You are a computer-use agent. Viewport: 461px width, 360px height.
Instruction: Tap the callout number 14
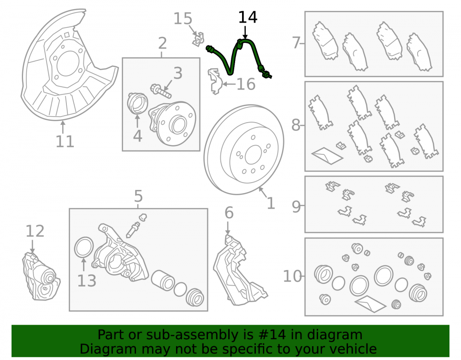[x=248, y=18]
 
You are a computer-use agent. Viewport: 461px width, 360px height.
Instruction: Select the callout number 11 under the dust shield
[x=65, y=142]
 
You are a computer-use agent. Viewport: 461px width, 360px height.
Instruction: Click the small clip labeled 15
[x=198, y=39]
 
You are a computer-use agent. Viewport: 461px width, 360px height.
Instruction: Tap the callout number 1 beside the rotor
[x=271, y=203]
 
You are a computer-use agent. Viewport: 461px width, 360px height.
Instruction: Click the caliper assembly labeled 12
[x=41, y=276]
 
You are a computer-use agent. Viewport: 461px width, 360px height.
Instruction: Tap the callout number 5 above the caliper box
[x=138, y=196]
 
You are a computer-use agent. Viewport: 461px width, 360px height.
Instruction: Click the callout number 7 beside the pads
[x=296, y=43]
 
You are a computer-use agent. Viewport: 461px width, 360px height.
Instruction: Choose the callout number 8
[x=296, y=125]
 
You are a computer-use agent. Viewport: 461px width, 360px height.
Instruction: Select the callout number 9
[x=296, y=207]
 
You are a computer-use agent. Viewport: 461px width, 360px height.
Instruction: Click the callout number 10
[x=292, y=276]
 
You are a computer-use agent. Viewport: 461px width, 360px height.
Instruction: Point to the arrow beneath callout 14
[x=245, y=32]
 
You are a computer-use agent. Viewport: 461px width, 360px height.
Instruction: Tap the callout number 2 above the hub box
[x=162, y=43]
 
